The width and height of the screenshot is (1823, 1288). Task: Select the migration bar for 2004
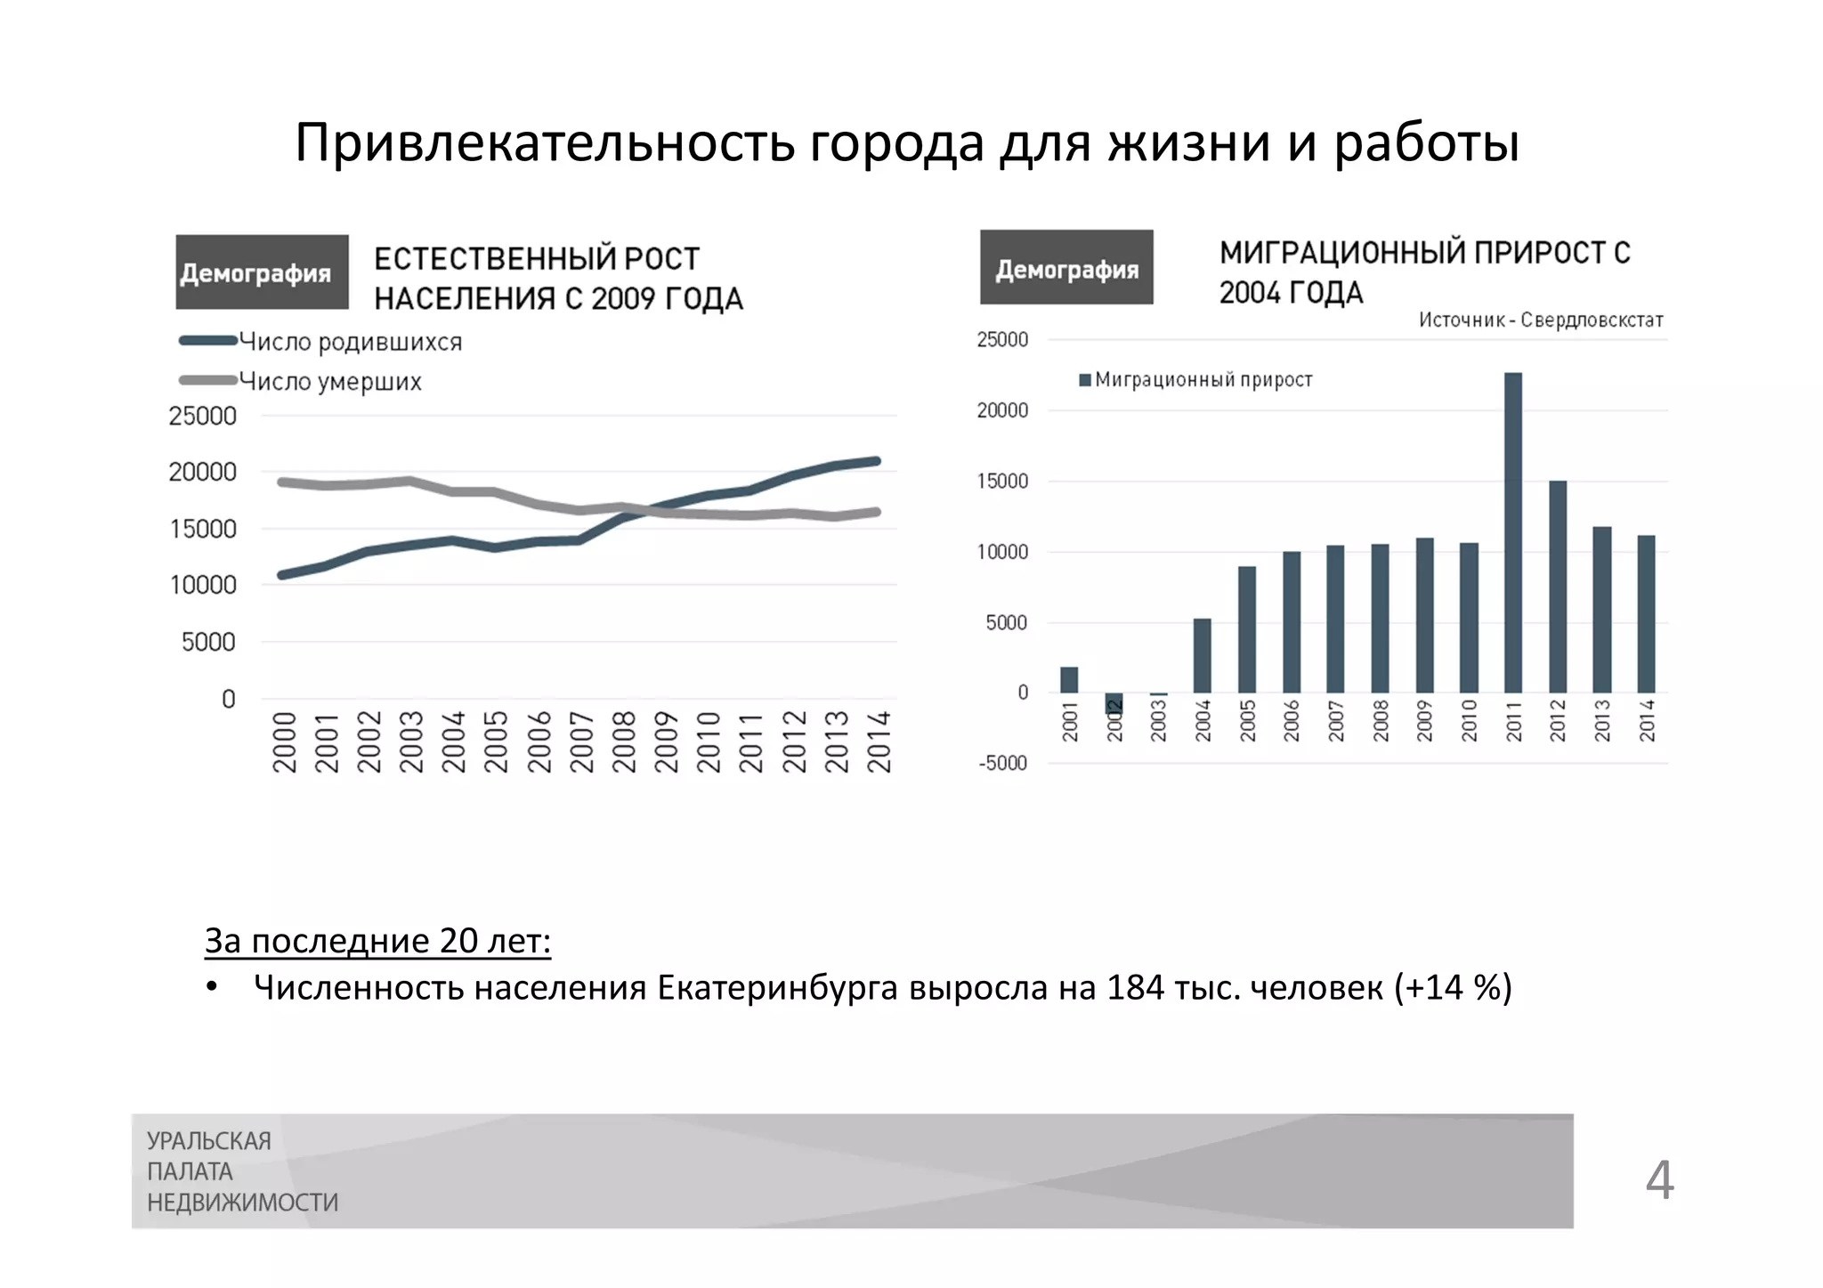(x=1203, y=655)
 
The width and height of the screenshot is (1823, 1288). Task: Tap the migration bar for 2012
(x=1558, y=587)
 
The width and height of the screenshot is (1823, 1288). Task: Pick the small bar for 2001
(x=1069, y=680)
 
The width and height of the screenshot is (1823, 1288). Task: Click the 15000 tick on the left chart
(x=203, y=529)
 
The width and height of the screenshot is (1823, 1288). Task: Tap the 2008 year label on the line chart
(x=624, y=741)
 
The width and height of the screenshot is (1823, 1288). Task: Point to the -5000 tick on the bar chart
(x=1002, y=764)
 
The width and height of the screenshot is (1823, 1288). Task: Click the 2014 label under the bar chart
(x=1647, y=720)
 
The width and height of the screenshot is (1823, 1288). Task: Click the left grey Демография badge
(x=262, y=272)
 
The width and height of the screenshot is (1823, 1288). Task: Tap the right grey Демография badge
(x=1066, y=268)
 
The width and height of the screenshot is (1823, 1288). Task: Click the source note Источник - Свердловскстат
(x=1540, y=320)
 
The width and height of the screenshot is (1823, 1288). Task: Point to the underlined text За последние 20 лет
(x=377, y=941)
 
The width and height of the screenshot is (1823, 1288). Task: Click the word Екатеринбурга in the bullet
(x=777, y=988)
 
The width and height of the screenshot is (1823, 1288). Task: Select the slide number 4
(x=1659, y=1180)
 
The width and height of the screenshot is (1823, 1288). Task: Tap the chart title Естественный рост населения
(x=558, y=279)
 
